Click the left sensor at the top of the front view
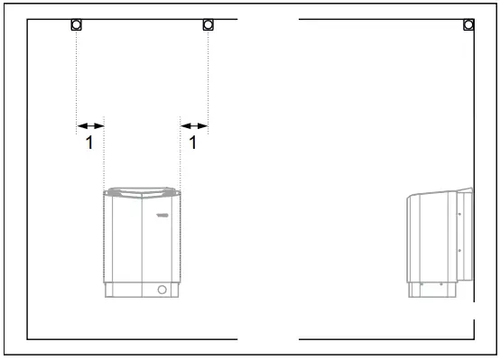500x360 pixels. tap(77, 24)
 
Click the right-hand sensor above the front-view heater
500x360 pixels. tap(208, 24)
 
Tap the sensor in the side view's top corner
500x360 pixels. tap(468, 24)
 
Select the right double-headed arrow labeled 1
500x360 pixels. tap(194, 126)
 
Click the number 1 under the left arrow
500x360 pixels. tap(88, 143)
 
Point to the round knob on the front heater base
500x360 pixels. tap(162, 291)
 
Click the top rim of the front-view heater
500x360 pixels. tap(143, 191)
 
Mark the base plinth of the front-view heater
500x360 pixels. tap(143, 291)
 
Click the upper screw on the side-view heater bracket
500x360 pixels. tap(459, 215)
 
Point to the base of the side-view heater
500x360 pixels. tap(438, 290)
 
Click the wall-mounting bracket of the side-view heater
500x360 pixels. tap(466, 235)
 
